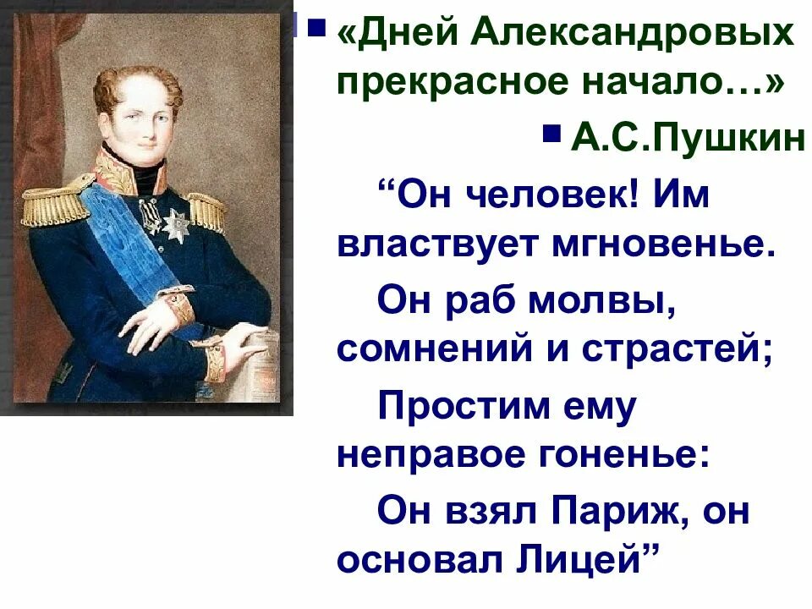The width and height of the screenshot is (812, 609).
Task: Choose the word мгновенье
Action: (x=651, y=244)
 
